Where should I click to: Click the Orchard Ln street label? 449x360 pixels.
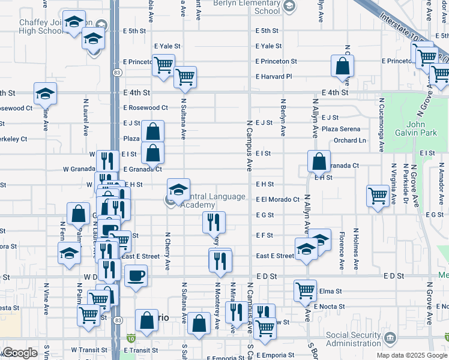349,140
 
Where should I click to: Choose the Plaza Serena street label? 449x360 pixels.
341,129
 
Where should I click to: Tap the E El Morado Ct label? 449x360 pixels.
277,199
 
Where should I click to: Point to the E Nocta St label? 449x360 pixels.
330,306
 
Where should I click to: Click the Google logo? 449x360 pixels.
20,353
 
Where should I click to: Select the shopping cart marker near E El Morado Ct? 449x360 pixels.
378,195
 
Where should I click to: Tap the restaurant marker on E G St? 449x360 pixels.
214,221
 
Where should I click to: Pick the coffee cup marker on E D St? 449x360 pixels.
135,275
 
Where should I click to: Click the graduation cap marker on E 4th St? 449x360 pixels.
44,92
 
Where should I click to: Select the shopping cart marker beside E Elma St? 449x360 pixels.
305,290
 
